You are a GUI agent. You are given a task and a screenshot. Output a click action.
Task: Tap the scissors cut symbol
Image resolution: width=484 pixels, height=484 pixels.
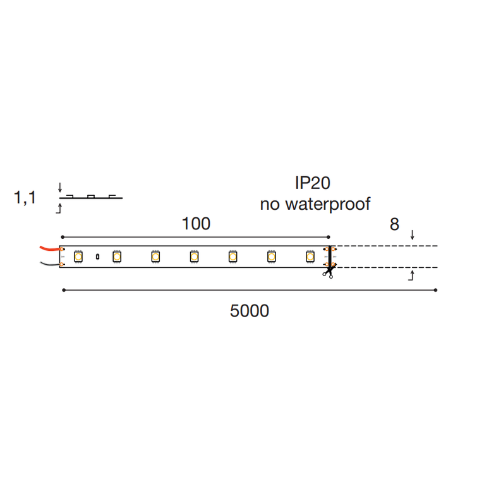click(x=328, y=272)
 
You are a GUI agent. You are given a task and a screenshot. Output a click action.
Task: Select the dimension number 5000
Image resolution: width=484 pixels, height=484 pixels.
click(x=250, y=311)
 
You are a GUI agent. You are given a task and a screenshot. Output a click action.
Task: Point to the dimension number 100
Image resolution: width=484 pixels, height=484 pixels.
click(x=196, y=224)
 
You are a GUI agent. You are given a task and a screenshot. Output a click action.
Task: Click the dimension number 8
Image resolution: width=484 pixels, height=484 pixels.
click(x=394, y=224)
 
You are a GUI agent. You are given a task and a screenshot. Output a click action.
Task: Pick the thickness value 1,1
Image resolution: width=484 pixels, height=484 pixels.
click(x=25, y=198)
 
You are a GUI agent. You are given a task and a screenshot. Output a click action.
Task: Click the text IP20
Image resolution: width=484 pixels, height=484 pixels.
click(x=313, y=183)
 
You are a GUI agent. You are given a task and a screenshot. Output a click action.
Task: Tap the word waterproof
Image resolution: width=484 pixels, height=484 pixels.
click(x=328, y=204)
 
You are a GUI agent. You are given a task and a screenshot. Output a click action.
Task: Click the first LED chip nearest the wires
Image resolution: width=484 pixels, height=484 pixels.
click(x=78, y=257)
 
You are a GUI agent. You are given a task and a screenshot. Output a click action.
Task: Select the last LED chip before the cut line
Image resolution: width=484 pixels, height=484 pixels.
click(x=310, y=257)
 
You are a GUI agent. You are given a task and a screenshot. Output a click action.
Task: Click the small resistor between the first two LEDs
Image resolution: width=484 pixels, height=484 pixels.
click(x=97, y=257)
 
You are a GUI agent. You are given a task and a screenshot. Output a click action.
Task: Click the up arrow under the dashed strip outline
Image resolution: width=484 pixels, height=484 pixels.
click(x=413, y=275)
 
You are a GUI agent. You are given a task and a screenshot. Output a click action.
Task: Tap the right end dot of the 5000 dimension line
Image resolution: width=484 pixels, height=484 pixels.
click(x=436, y=290)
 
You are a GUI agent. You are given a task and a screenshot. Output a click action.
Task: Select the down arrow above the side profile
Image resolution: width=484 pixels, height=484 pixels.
click(x=59, y=187)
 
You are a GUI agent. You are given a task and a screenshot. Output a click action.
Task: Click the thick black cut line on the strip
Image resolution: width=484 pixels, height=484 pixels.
click(x=330, y=257)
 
